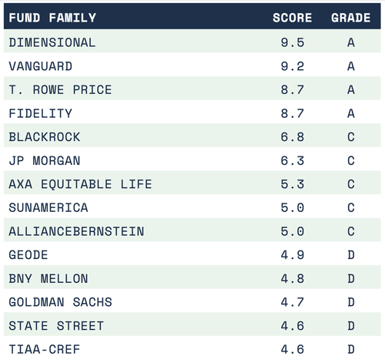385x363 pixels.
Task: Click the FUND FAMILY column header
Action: pyautogui.click(x=52, y=18)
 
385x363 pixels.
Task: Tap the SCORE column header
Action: pyautogui.click(x=293, y=18)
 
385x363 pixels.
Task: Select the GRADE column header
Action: pyautogui.click(x=351, y=18)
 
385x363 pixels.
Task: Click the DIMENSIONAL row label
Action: pyautogui.click(x=52, y=42)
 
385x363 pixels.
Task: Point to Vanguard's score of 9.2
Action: pyautogui.click(x=293, y=66)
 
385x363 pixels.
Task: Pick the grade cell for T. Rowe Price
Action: pyautogui.click(x=351, y=90)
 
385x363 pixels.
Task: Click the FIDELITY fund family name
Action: pyautogui.click(x=40, y=113)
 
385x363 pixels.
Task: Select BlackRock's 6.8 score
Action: pyautogui.click(x=293, y=137)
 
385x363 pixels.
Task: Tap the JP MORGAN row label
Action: pyautogui.click(x=45, y=161)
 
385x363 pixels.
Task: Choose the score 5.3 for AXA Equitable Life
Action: pyautogui.click(x=293, y=184)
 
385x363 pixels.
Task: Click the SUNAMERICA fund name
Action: pyautogui.click(x=49, y=207)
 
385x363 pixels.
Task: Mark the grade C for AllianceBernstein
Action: pyautogui.click(x=351, y=231)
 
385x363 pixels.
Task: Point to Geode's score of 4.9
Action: pyautogui.click(x=293, y=255)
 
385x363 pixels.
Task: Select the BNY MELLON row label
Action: pyautogui.click(x=49, y=279)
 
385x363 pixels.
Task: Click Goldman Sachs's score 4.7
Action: pyautogui.click(x=293, y=302)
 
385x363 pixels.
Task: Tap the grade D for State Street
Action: pyautogui.click(x=351, y=326)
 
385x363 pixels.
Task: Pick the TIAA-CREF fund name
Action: pyautogui.click(x=45, y=349)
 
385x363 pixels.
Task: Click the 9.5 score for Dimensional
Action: pyautogui.click(x=293, y=42)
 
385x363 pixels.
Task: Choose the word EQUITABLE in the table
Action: pyautogui.click(x=76, y=184)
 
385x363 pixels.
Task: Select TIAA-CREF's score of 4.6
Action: pyautogui.click(x=293, y=349)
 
